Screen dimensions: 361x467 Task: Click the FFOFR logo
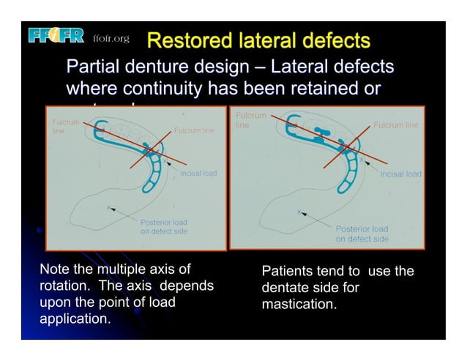(57, 36)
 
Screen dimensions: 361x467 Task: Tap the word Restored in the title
(189, 40)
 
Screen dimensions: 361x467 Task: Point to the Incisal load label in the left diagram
(198, 174)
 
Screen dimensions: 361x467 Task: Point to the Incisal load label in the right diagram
(400, 174)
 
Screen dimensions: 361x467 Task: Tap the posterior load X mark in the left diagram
(109, 208)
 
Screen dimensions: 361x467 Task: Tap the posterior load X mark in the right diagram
(298, 212)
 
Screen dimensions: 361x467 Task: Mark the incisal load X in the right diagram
(361, 160)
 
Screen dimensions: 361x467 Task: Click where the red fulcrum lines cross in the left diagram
(149, 152)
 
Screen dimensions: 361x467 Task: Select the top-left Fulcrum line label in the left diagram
(61, 127)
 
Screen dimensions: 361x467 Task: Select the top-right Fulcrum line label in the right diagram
(396, 125)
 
